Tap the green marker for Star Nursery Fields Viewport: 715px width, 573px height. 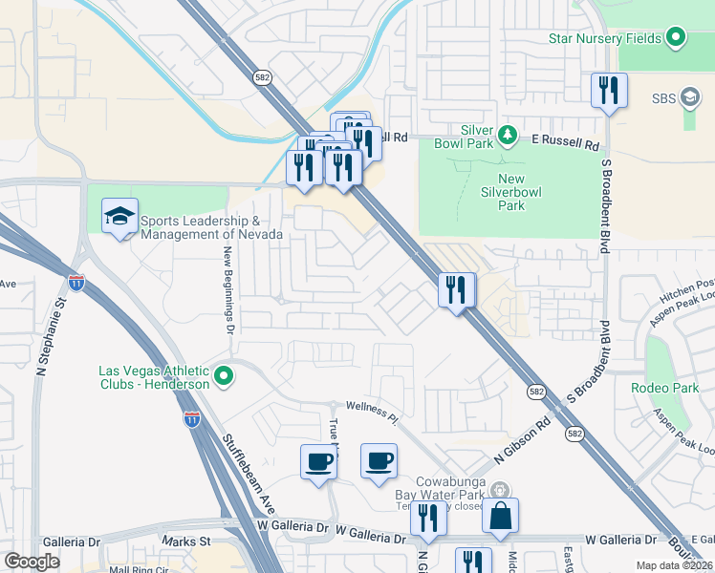click(677, 38)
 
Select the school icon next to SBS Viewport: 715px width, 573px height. click(691, 97)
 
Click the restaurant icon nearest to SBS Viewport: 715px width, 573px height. click(609, 91)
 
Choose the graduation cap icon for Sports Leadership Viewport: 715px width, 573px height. click(119, 216)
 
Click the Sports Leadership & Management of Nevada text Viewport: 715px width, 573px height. click(211, 227)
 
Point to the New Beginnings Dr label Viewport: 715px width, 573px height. click(229, 287)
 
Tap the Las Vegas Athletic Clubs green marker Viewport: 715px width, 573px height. click(224, 376)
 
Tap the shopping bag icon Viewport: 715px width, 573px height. click(500, 516)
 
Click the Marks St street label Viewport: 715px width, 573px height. click(185, 541)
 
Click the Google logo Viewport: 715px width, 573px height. click(32, 562)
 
